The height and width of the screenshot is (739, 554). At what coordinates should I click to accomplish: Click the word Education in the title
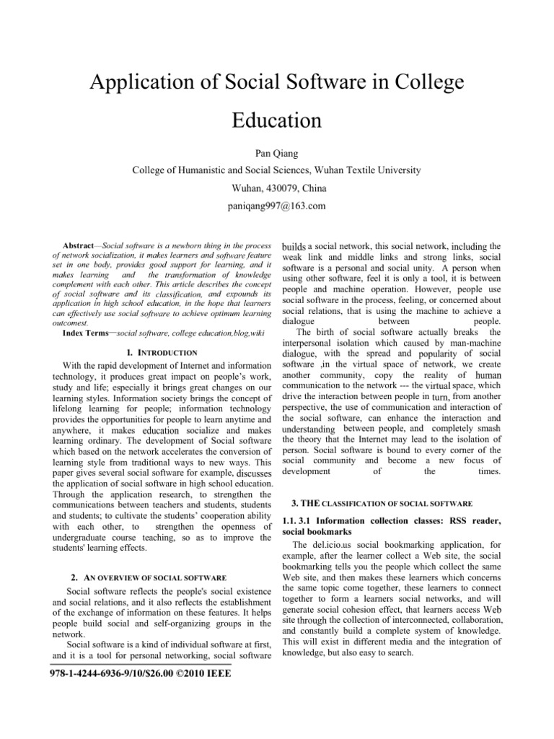(x=276, y=118)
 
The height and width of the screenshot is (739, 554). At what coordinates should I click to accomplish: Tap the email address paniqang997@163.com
(x=276, y=206)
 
